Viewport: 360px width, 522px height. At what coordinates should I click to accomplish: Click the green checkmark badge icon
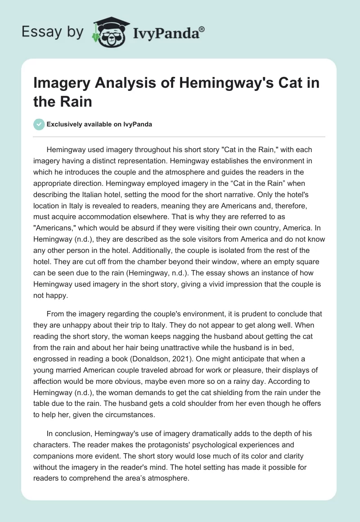39,124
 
